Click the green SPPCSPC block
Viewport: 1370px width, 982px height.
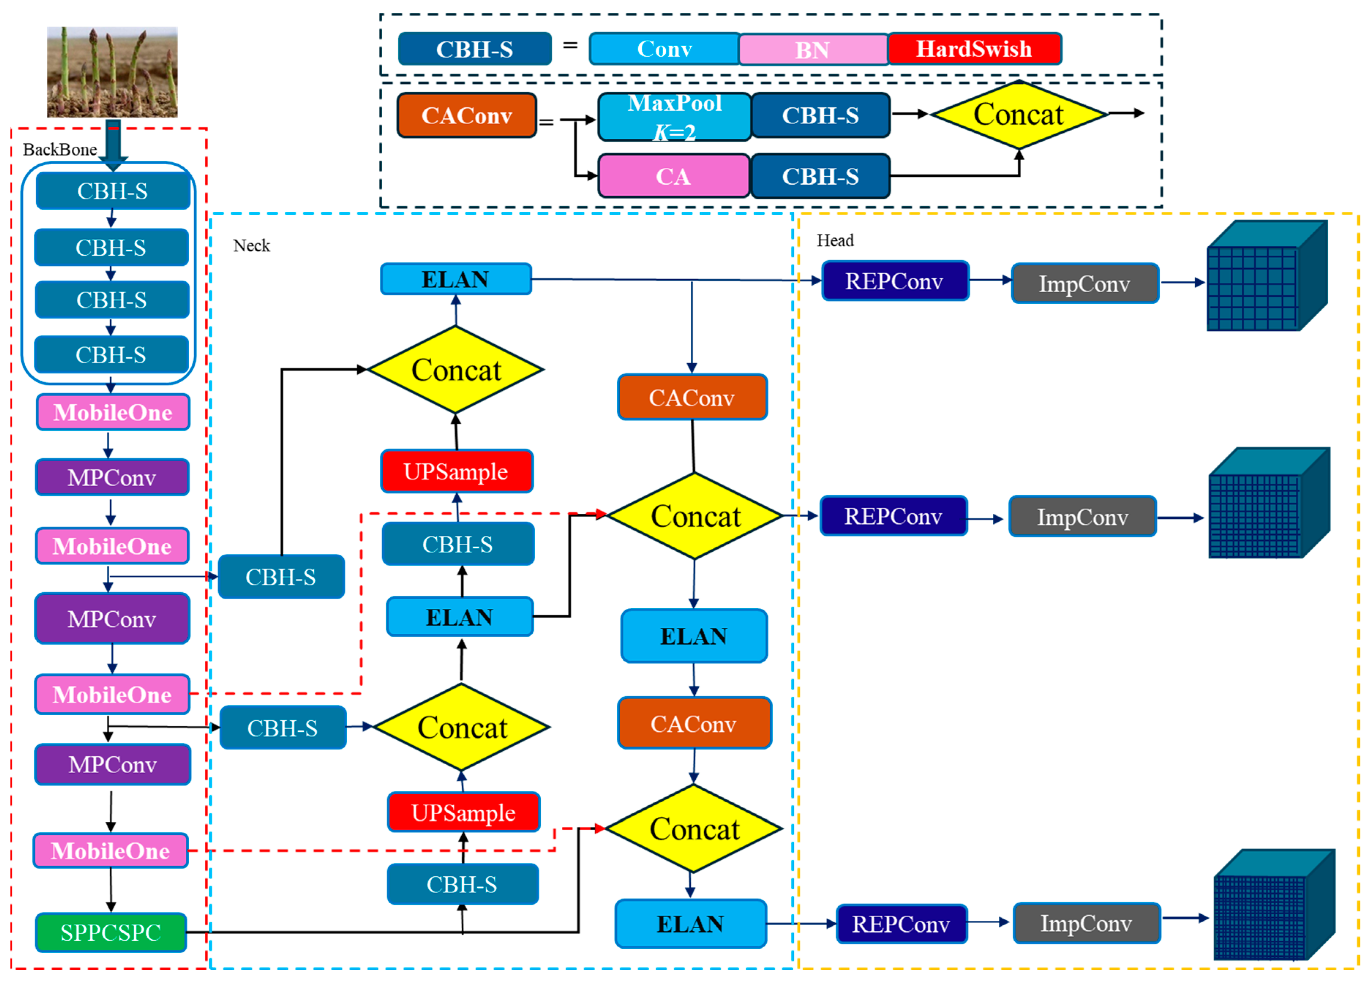tap(110, 933)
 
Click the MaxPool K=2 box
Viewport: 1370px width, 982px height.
tap(674, 117)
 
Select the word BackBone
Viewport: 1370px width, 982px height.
tap(60, 149)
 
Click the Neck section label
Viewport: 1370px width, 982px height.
tap(251, 246)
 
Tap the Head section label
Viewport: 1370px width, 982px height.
tap(835, 240)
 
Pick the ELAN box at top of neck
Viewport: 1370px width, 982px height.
tap(455, 279)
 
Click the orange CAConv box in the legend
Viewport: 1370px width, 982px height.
tap(466, 115)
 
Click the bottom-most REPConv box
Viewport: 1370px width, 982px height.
tap(901, 923)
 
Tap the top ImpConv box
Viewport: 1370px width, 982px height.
tap(1084, 284)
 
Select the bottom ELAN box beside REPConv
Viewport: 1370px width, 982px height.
tap(690, 923)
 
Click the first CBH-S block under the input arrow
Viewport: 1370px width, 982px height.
tap(112, 191)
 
